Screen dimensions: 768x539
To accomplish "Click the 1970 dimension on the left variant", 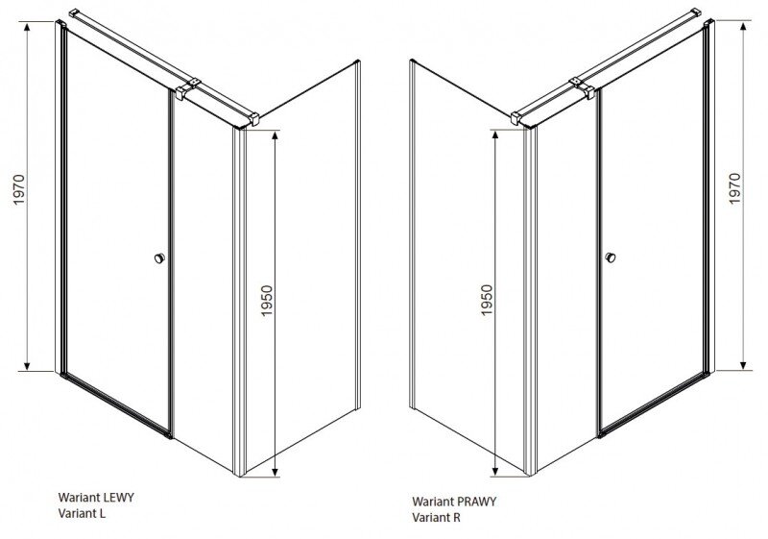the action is tap(18, 189).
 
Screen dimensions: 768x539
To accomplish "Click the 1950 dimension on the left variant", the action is tap(267, 301).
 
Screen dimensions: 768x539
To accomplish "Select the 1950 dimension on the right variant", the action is tap(486, 301).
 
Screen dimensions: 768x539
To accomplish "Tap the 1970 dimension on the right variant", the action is tap(734, 188).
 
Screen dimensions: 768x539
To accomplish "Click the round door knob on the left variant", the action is tap(159, 257).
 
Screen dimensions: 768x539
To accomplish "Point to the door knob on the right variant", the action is tap(610, 257).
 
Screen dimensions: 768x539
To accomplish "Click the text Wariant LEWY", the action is tap(96, 498).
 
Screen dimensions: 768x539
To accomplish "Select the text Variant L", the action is tap(82, 513).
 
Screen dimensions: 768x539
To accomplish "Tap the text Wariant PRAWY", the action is tap(454, 502).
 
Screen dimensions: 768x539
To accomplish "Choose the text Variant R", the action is tap(437, 517).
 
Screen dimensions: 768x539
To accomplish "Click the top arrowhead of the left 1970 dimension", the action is tap(28, 27).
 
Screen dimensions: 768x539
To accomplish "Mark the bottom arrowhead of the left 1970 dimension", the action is tap(28, 365).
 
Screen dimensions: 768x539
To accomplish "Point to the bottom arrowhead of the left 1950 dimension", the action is tap(276, 472).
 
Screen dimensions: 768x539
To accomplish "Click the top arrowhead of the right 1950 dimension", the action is tap(494, 135).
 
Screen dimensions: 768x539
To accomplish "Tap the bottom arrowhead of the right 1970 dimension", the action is tap(743, 365).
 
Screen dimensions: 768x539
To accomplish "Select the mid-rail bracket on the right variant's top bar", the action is tap(582, 88).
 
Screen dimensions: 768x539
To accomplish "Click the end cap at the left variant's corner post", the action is tap(253, 119).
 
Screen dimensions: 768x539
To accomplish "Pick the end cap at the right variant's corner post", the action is tap(516, 119).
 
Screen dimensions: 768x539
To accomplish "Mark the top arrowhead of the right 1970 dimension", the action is tap(743, 27).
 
